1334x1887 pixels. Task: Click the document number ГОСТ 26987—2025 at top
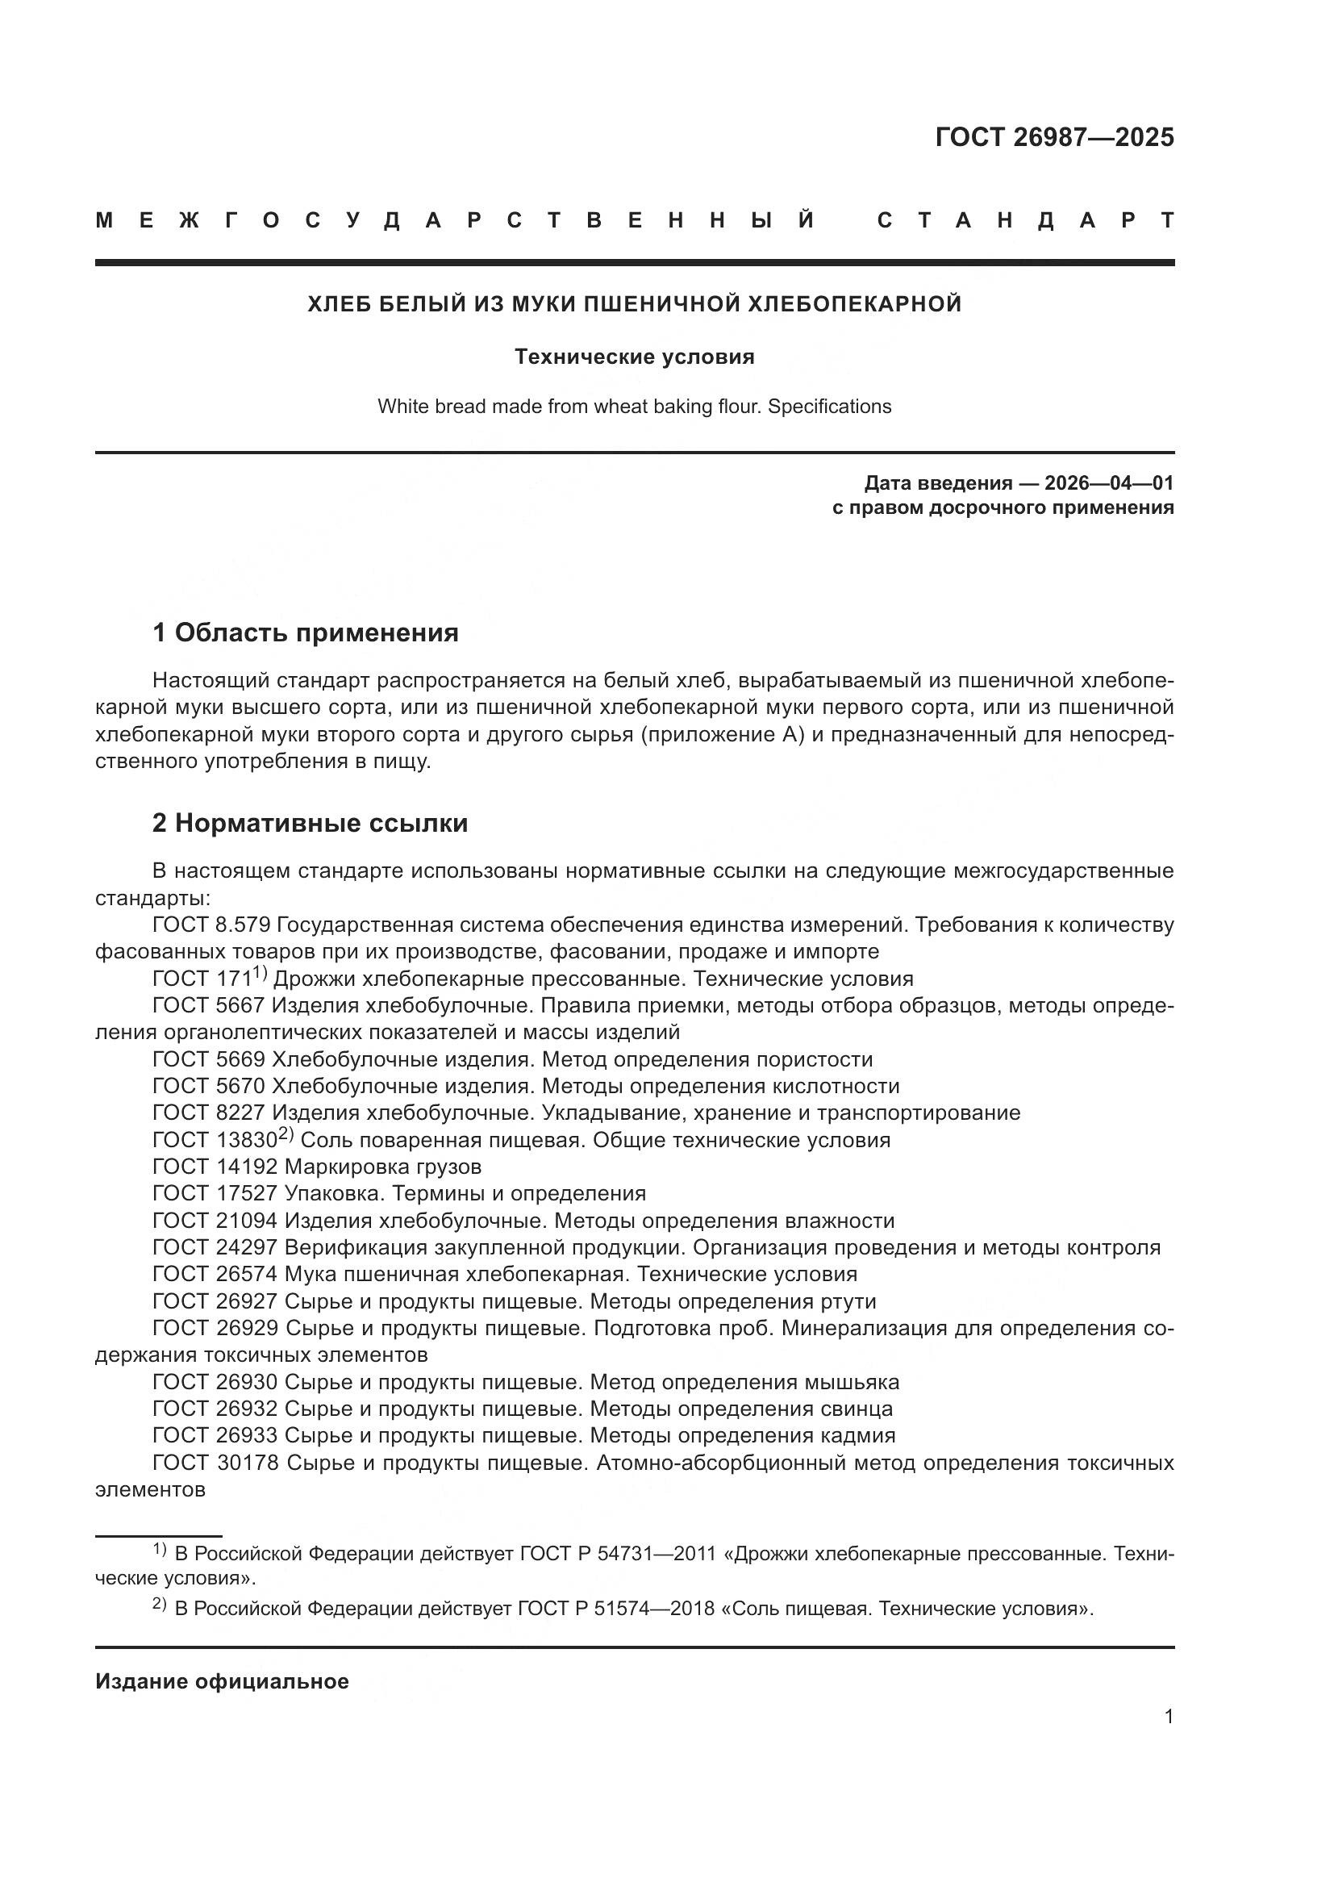pos(1054,137)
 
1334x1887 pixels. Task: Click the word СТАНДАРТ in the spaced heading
pos(1025,220)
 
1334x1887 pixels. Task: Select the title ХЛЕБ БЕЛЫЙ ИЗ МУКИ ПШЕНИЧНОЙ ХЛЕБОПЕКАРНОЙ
pos(634,304)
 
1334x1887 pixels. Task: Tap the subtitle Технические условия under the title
pos(634,357)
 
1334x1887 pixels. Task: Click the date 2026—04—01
pos(1109,482)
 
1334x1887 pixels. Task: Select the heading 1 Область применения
pos(305,632)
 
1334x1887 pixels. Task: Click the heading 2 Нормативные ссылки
pos(310,823)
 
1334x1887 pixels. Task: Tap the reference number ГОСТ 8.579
pos(211,925)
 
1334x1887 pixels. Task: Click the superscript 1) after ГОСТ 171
pos(261,972)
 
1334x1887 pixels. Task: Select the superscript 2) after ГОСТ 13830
pos(286,1133)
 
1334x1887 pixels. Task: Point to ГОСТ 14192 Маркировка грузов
pos(316,1167)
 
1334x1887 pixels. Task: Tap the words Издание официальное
pos(222,1681)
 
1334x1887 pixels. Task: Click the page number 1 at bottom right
pos(1168,1716)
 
